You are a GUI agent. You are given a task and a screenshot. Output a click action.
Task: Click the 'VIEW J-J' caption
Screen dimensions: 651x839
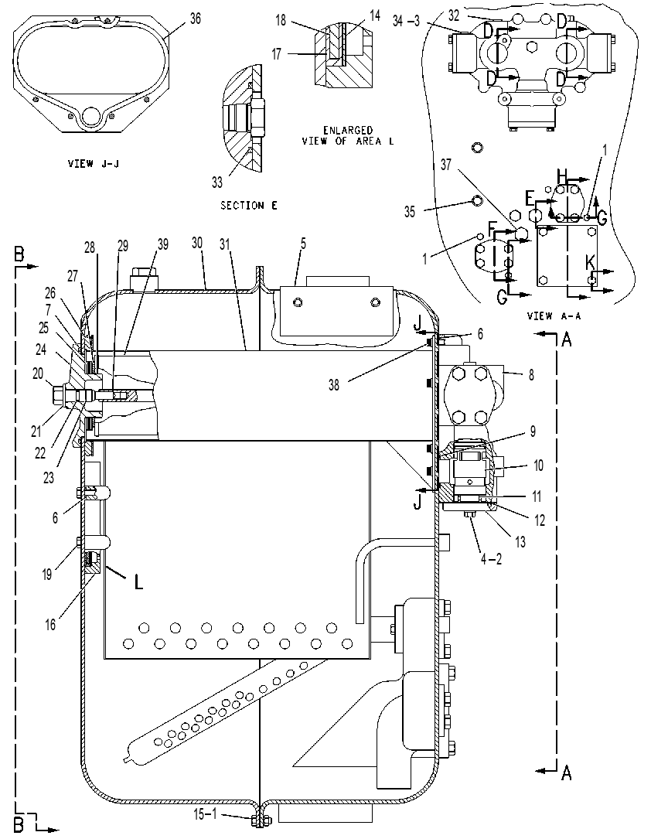[x=94, y=164]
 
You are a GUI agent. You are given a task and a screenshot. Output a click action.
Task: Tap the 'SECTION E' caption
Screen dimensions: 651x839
[x=249, y=206]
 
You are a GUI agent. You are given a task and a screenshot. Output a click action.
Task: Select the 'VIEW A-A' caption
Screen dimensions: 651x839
[x=554, y=316]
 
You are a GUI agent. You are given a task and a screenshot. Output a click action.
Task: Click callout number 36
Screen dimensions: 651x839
[x=196, y=19]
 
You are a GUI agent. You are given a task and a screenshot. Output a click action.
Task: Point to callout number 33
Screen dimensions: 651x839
[x=216, y=183]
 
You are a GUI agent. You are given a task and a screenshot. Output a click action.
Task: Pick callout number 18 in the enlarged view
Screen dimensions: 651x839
[x=281, y=20]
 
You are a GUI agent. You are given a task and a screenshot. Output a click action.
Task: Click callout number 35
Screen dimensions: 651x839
[x=409, y=212]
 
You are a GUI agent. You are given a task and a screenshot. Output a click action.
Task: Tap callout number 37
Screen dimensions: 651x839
[x=445, y=165]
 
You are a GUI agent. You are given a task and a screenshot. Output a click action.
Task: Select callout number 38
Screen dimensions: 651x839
[x=334, y=385]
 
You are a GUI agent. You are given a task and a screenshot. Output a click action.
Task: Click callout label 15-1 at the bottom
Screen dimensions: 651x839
[x=205, y=814]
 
